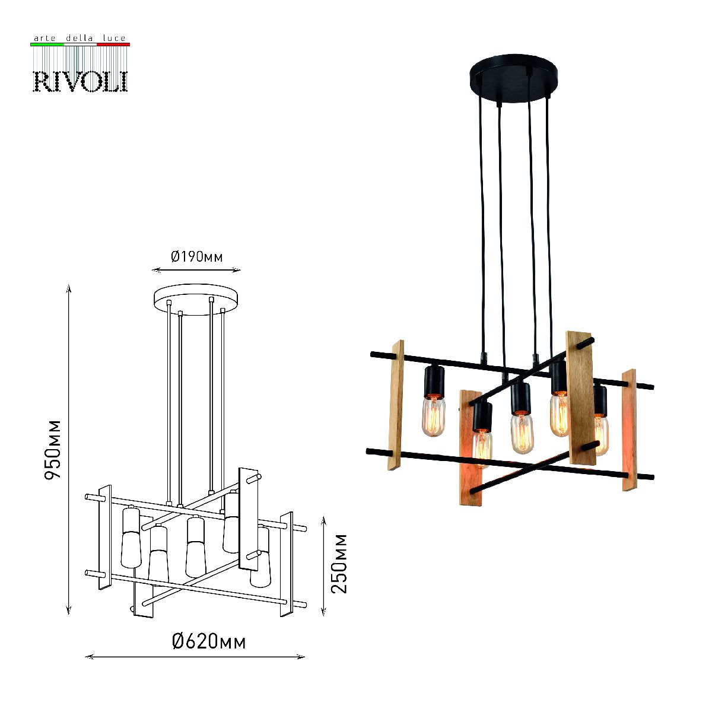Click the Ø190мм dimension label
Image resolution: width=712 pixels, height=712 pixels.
pyautogui.click(x=197, y=256)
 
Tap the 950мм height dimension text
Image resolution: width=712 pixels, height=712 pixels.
pyautogui.click(x=52, y=450)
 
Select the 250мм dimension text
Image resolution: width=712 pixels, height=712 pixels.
pyautogui.click(x=339, y=564)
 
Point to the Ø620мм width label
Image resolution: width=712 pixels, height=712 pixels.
pyautogui.click(x=209, y=642)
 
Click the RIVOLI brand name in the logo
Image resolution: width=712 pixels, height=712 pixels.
pyautogui.click(x=81, y=81)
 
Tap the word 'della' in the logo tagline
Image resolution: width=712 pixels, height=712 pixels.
pyautogui.click(x=79, y=38)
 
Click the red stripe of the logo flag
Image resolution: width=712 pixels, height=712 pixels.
pyautogui.click(x=113, y=44)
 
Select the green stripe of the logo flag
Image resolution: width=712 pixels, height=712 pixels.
pyautogui.click(x=47, y=44)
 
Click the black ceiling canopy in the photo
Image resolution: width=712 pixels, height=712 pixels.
pyautogui.click(x=514, y=76)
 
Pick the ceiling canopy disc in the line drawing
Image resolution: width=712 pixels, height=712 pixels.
pyautogui.click(x=196, y=300)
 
